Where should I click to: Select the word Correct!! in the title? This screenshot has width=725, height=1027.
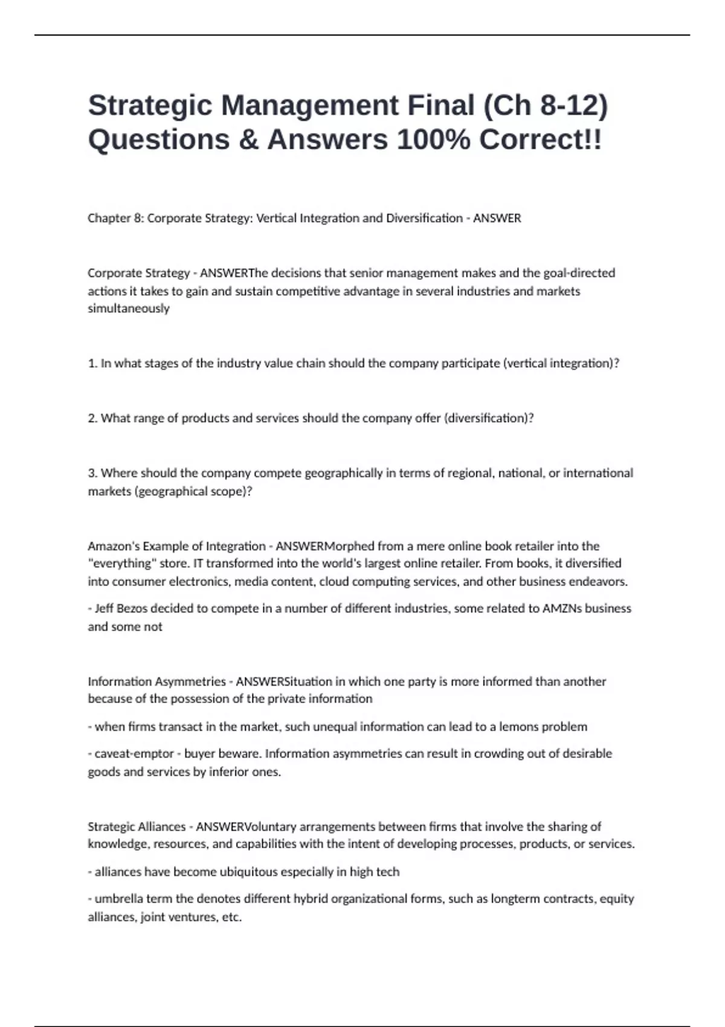[540, 140]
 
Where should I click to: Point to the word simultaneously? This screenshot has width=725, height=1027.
[129, 309]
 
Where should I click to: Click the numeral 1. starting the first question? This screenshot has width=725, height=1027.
[92, 364]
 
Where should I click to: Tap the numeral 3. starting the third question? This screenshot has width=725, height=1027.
[92, 473]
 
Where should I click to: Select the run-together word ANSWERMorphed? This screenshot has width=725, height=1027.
[325, 546]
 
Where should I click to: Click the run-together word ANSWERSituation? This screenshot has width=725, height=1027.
[284, 681]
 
